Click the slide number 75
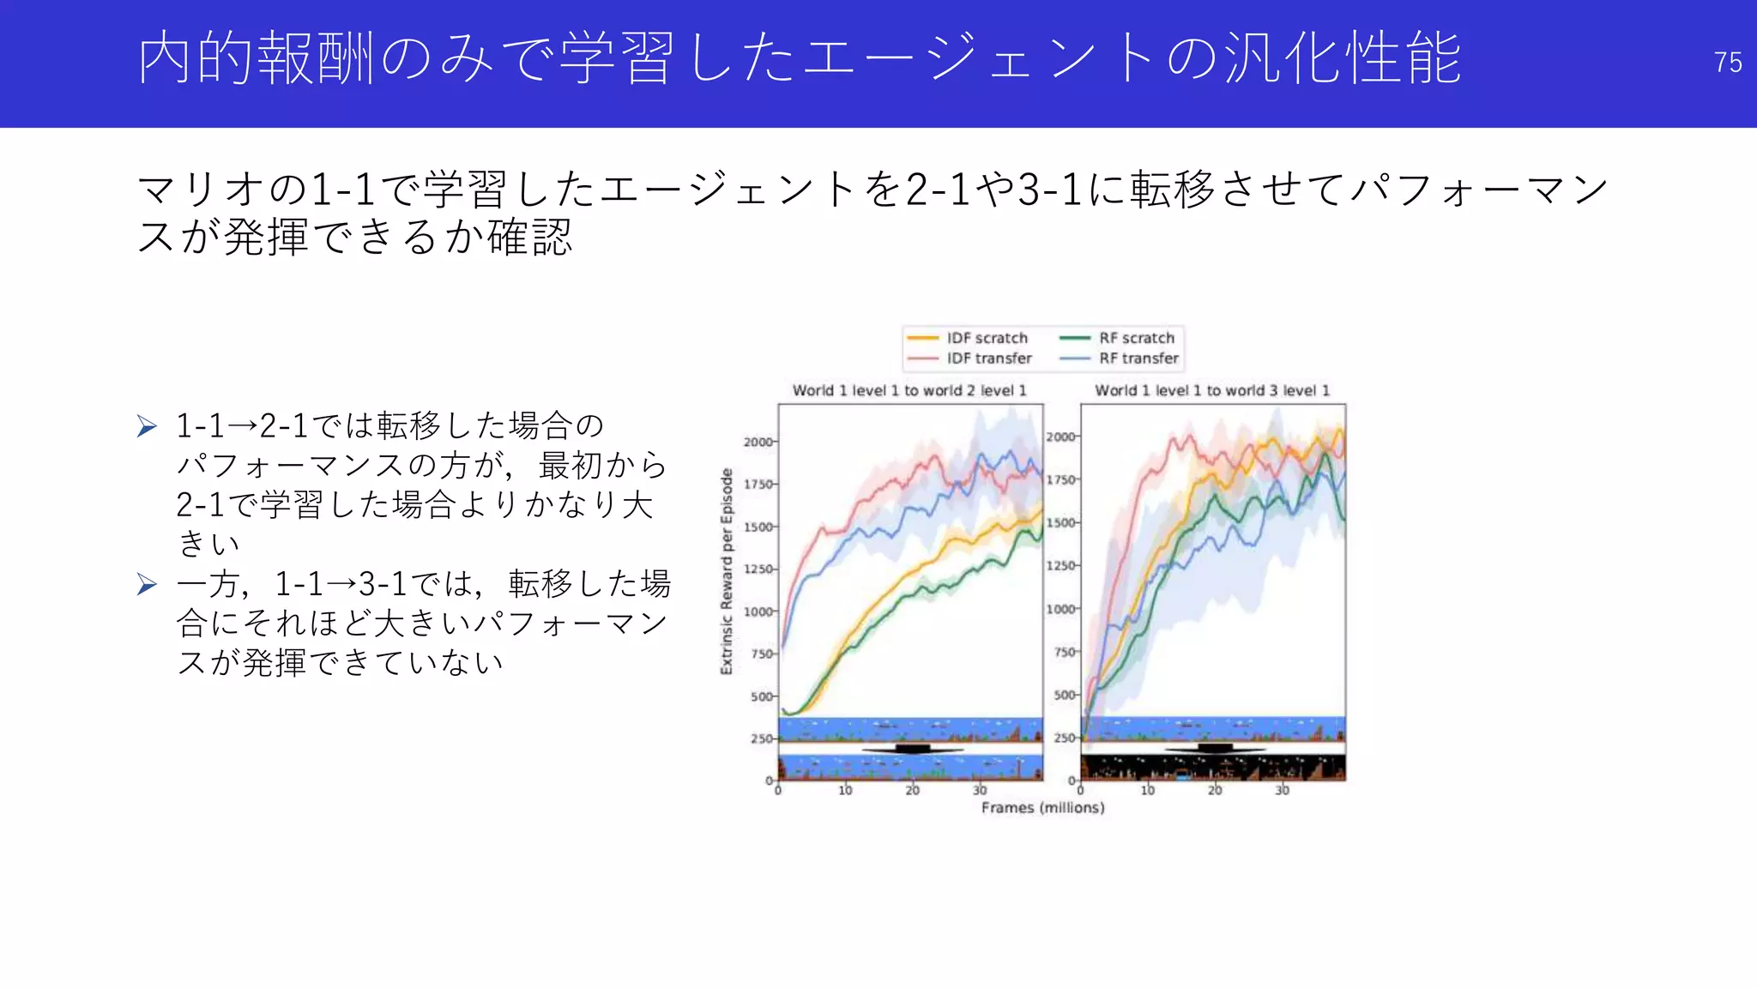(1727, 63)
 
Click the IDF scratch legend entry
(987, 338)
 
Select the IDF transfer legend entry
(988, 358)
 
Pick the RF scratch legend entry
(1136, 338)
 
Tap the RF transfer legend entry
(1138, 358)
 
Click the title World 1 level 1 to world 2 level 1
(909, 390)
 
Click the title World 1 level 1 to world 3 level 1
(1212, 390)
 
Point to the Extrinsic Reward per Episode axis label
(727, 571)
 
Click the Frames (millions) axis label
(1042, 808)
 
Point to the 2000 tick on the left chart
(758, 442)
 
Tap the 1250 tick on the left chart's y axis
(758, 569)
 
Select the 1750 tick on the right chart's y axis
(1061, 479)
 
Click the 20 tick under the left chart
(912, 791)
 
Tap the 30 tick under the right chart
(1282, 791)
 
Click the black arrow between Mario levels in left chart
(912, 750)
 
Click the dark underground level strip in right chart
(1212, 768)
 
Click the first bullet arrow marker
(147, 426)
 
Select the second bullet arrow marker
(147, 585)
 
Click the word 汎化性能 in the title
(1343, 58)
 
